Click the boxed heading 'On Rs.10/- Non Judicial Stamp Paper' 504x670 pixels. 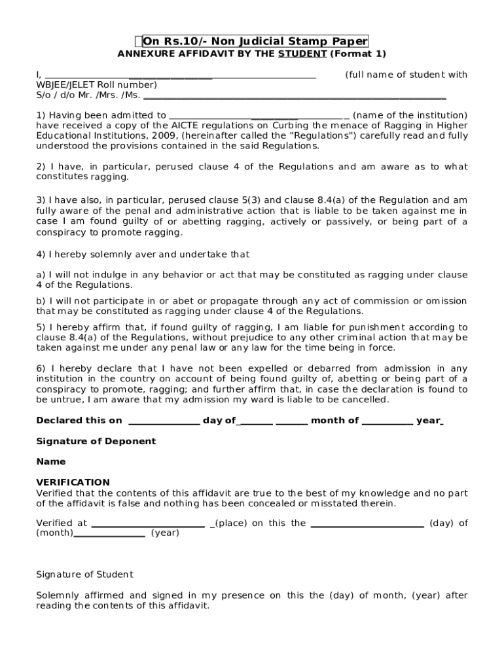point(255,41)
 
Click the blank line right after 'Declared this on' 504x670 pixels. point(164,421)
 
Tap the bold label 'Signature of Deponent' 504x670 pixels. point(96,442)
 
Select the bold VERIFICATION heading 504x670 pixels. point(73,482)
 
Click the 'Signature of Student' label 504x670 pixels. point(84,574)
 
